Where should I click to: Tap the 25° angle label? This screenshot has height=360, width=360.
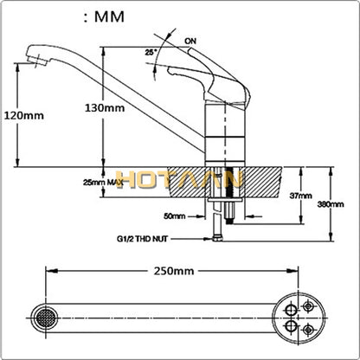pyautogui.click(x=152, y=51)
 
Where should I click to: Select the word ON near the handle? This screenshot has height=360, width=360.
pyautogui.click(x=191, y=39)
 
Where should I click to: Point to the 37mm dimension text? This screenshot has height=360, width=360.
pyautogui.click(x=300, y=196)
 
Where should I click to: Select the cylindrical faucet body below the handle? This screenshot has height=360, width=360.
pyautogui.click(x=220, y=130)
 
